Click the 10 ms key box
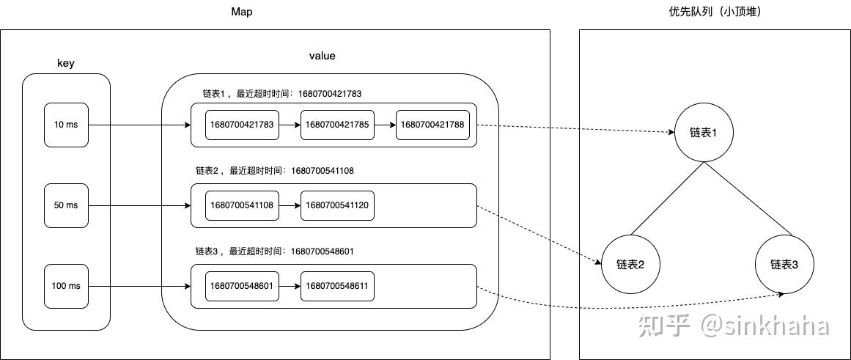66,125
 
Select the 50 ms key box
66,205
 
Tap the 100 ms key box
66,286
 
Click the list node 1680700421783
242,125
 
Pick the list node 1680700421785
337,125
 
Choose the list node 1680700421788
432,125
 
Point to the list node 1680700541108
242,205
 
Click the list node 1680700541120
337,205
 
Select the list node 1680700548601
242,286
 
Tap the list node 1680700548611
337,286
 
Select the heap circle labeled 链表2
630,264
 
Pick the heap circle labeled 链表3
784,264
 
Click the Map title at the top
241,12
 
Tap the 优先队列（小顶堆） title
715,12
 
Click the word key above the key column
66,63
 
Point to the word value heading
323,56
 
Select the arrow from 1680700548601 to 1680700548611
290,286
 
